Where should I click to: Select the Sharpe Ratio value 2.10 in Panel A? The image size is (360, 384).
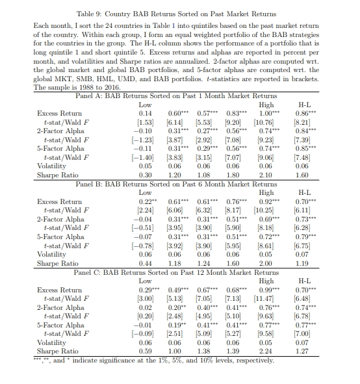click(266, 175)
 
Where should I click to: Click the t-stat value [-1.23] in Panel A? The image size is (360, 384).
click(145, 139)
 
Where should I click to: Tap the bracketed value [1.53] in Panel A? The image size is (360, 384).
click(145, 121)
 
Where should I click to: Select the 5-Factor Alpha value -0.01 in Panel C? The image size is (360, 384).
click(144, 326)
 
